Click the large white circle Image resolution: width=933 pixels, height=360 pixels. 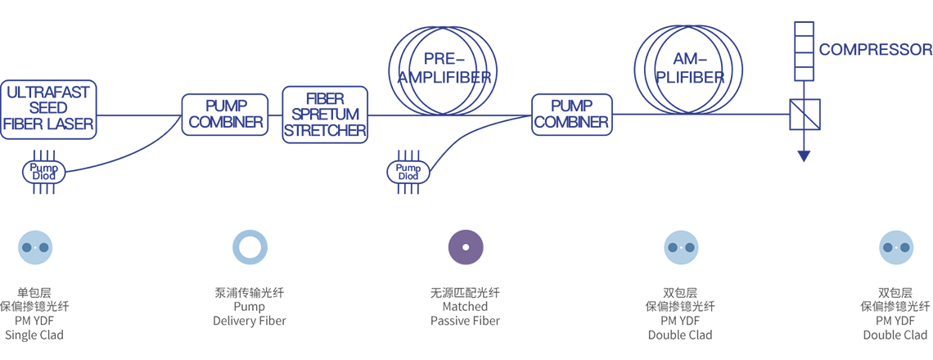250,246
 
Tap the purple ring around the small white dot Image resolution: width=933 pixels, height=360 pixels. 458,246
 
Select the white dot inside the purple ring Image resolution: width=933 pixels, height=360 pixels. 466,246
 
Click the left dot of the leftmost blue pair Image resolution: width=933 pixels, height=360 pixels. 26,247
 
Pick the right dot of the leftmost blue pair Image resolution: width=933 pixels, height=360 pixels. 44,247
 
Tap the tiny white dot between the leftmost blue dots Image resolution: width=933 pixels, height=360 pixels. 35,247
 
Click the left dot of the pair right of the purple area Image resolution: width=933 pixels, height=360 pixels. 672,247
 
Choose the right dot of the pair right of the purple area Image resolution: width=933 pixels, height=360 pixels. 690,247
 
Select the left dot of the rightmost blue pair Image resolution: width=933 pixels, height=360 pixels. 887,247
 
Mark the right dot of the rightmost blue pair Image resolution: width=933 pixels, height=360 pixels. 905,247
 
